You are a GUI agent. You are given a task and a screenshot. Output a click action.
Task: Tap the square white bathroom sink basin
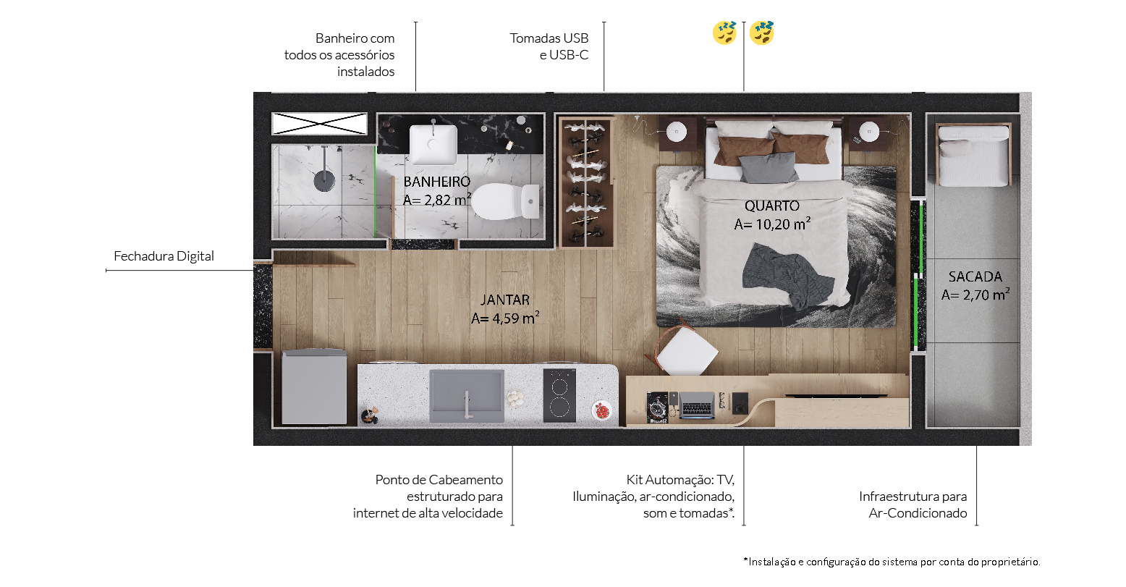click(433, 145)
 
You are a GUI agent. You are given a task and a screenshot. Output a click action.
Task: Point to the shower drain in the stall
click(324, 181)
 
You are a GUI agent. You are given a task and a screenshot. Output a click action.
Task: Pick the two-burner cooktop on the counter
click(559, 395)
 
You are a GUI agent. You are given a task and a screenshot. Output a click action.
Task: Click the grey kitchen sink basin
click(467, 396)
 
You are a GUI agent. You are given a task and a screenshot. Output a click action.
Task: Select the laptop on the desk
click(697, 405)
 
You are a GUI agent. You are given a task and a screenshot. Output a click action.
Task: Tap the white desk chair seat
click(687, 352)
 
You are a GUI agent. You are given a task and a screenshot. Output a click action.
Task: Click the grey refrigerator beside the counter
click(314, 387)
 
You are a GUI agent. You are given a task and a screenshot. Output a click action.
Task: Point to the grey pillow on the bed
click(768, 168)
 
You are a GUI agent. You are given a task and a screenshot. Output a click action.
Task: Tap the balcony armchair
click(974, 154)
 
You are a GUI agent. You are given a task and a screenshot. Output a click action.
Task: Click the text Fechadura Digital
click(164, 256)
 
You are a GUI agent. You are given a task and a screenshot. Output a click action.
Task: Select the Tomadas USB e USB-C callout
click(549, 46)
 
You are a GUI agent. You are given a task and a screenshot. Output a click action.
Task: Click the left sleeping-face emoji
click(724, 33)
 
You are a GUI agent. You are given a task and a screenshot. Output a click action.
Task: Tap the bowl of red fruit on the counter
click(601, 410)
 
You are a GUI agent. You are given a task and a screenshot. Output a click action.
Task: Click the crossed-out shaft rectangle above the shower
click(320, 124)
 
